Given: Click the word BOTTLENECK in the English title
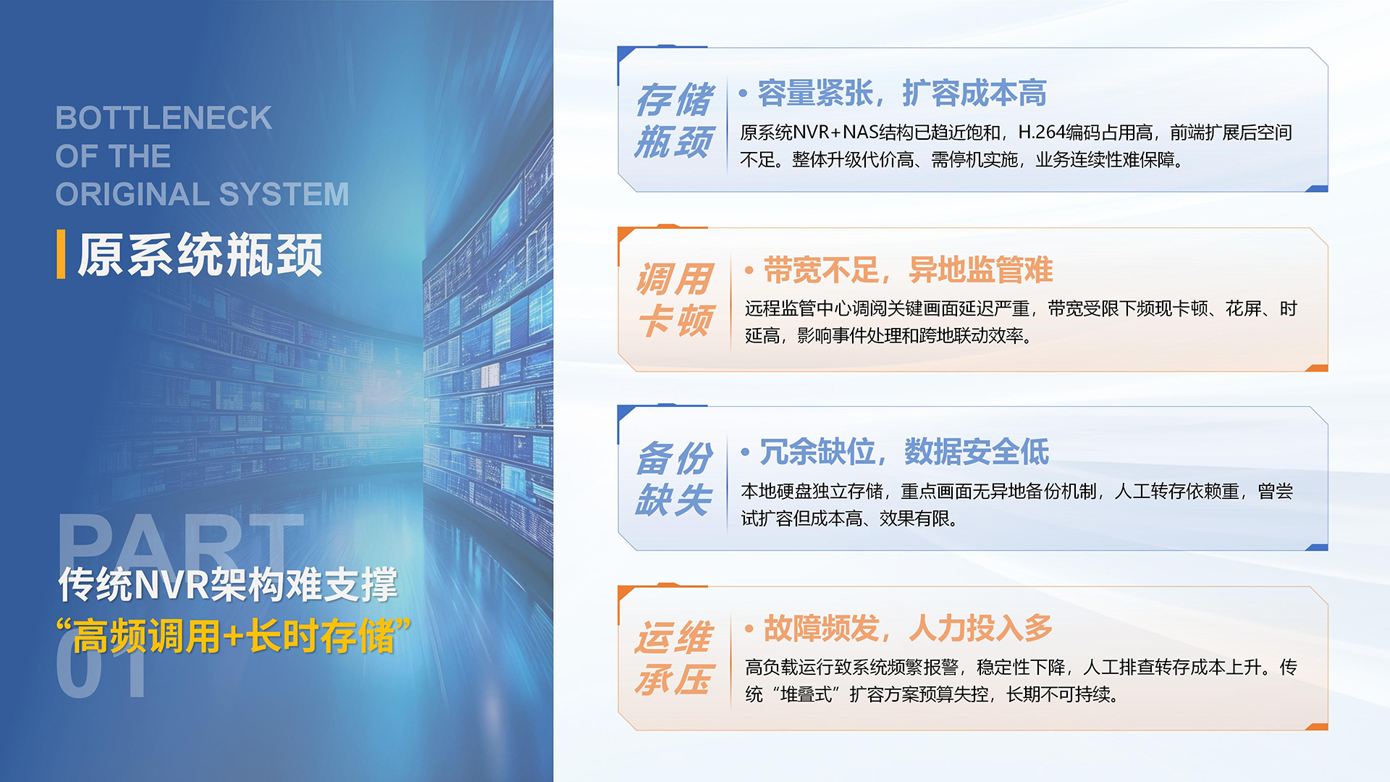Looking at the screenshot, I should click(164, 118).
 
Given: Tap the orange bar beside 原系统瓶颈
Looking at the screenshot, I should click(61, 254).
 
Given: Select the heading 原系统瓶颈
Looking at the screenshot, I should click(200, 255).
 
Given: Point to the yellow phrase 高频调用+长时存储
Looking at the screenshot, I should click(233, 636).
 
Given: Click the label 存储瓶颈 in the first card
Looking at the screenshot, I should click(674, 120).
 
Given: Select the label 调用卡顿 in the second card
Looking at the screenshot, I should click(675, 300).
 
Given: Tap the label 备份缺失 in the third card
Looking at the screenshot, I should click(674, 479).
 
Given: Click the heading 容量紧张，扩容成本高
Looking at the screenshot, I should click(902, 93).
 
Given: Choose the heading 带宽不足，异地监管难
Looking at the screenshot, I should click(908, 271).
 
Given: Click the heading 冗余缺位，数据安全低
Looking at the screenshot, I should click(904, 453).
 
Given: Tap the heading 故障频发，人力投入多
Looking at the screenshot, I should click(908, 628).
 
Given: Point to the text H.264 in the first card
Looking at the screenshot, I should click(1041, 133).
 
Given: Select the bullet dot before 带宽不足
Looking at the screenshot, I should click(749, 271).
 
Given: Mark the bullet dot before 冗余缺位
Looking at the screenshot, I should click(745, 453).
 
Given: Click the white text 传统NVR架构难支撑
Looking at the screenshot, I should click(228, 584).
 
